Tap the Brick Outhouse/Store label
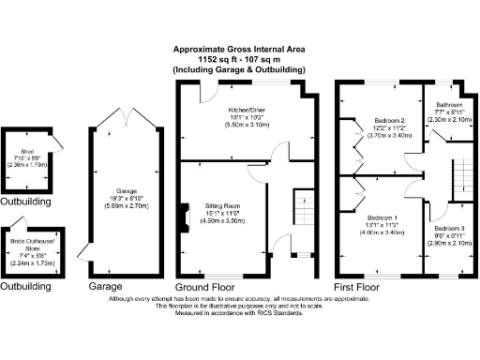click(25, 243)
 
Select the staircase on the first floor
click(461, 177)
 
